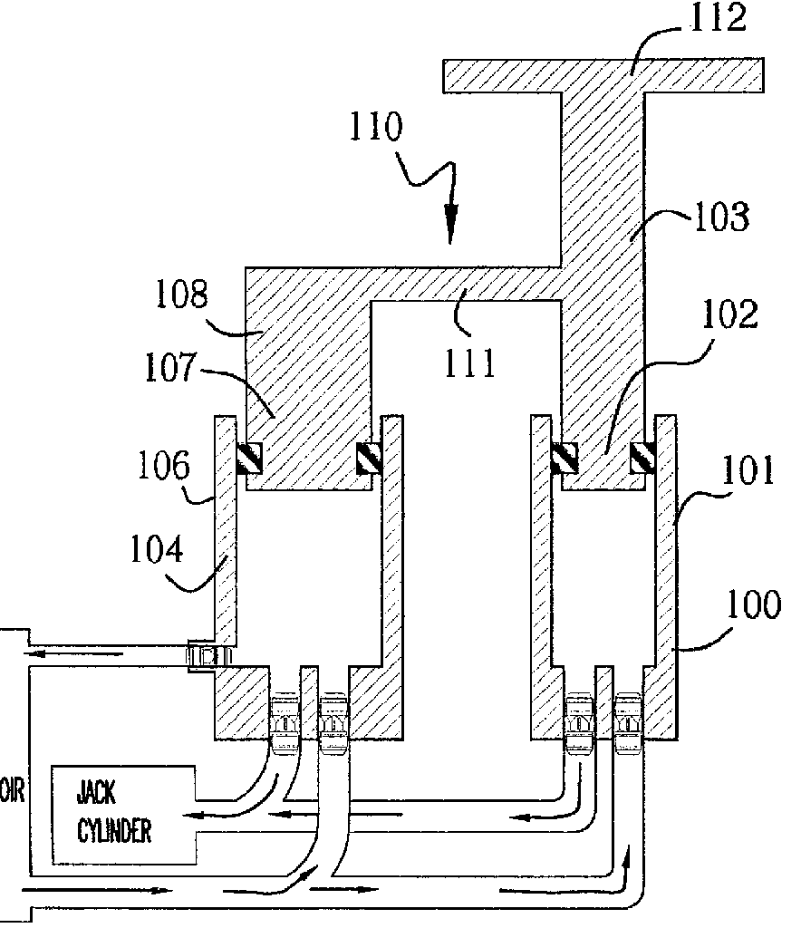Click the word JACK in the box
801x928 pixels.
click(x=95, y=796)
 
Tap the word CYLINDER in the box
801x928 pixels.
click(x=113, y=832)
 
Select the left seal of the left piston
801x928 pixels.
click(x=249, y=458)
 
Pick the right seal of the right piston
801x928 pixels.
click(x=643, y=458)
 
